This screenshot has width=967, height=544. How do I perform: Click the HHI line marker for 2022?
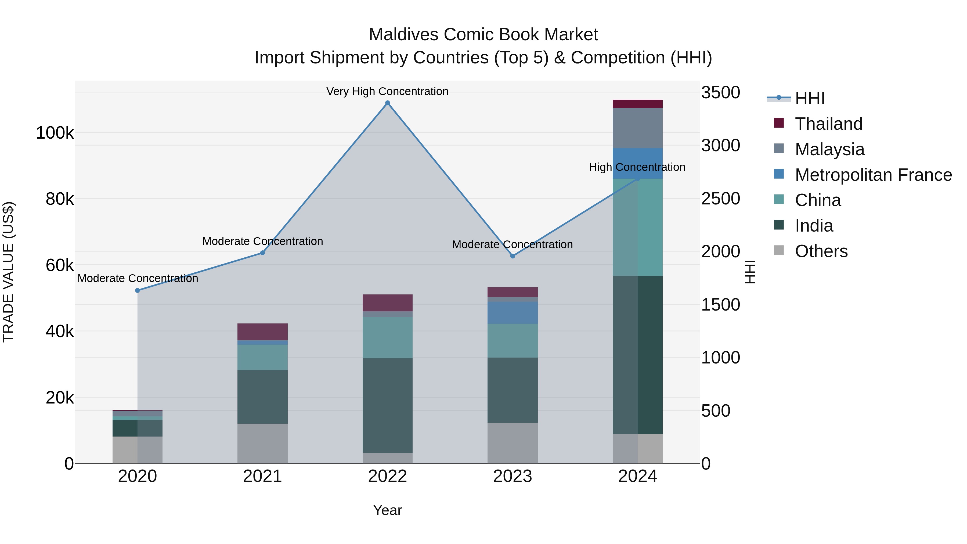387,103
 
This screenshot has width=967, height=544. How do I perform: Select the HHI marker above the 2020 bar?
137,290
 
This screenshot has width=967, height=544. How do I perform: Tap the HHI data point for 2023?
513,256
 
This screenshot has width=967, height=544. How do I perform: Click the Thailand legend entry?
828,124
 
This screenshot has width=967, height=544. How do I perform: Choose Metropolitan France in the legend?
873,175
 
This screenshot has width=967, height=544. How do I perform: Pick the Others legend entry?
821,251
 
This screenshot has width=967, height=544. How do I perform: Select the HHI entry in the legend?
809,98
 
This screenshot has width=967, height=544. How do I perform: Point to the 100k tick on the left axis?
55,133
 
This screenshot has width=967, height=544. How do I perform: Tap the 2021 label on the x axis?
262,476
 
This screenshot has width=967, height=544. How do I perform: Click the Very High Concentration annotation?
387,91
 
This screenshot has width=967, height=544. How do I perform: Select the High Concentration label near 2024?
637,167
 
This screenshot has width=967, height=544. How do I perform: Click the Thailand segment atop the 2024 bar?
637,104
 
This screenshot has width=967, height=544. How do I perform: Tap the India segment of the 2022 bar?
387,405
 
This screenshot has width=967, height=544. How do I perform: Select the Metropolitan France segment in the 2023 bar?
513,313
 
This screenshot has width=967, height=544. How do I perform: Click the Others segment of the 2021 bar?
262,443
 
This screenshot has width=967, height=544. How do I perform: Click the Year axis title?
387,510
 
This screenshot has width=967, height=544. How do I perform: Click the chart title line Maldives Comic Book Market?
483,35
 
